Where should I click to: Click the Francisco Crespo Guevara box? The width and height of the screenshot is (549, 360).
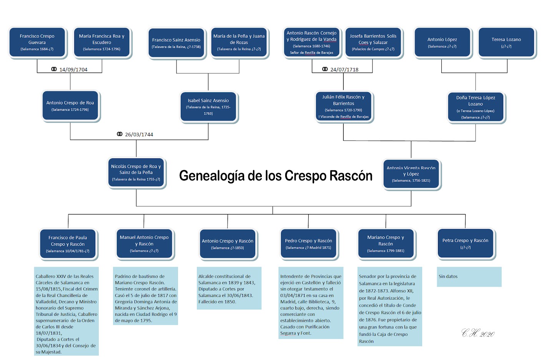tap(37, 42)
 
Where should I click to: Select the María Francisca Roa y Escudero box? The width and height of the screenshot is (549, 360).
tap(102, 42)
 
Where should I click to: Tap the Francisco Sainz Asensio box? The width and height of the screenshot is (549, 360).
tap(176, 43)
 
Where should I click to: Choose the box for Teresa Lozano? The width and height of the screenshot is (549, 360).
tap(506, 42)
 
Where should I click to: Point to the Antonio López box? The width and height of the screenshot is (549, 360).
tap(442, 42)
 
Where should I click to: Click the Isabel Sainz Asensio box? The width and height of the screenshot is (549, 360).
tap(208, 106)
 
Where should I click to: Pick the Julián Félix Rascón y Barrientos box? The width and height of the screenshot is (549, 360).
tap(343, 106)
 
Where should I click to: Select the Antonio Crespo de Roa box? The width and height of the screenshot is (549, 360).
tap(70, 106)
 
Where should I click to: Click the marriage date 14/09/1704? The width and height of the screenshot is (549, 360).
tap(73, 70)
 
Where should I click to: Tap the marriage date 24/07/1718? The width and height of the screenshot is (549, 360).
tap(344, 70)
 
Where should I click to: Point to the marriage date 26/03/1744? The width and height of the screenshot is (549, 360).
tap(139, 134)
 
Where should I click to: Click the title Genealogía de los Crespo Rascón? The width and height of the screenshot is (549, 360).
tap(276, 176)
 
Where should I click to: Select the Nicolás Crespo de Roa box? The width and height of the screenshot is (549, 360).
tap(136, 173)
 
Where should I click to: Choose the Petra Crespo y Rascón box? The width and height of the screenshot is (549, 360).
tap(465, 243)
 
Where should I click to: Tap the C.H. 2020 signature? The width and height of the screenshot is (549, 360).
tap(478, 333)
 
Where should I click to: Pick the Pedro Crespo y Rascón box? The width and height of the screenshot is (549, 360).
tap(308, 244)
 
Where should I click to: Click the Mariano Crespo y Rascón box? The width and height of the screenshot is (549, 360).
tap(386, 244)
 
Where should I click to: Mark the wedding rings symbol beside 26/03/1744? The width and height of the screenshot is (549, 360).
tap(120, 134)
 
